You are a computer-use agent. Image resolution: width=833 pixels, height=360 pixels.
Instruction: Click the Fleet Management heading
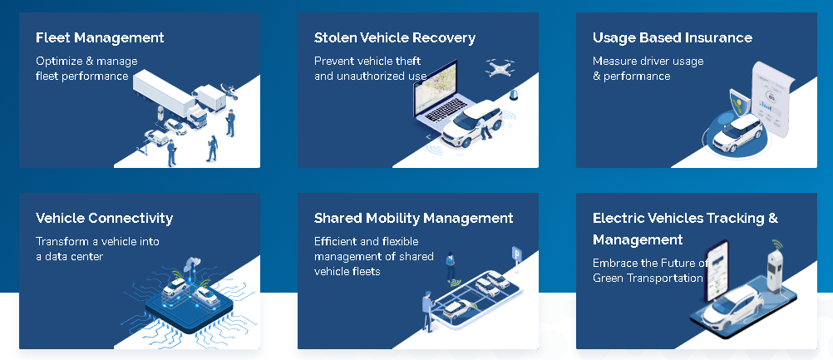[100, 37]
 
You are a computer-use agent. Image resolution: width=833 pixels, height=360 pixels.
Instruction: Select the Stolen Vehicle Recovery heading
[395, 37]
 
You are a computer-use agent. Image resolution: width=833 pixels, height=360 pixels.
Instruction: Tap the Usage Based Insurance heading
[673, 37]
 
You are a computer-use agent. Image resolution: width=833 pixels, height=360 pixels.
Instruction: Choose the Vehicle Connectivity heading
[104, 218]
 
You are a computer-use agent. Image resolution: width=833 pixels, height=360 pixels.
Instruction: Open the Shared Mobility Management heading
[414, 218]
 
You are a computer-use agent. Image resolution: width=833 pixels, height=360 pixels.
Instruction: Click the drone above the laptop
[500, 67]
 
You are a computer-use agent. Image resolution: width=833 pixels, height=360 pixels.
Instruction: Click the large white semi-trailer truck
[169, 98]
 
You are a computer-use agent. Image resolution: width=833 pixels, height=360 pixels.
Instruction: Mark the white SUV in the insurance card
[737, 133]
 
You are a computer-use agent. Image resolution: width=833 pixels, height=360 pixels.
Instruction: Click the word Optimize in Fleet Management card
[58, 61]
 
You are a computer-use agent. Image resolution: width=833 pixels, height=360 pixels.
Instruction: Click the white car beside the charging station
[732, 304]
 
